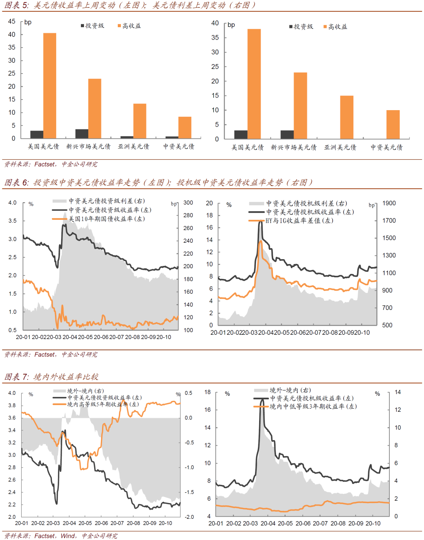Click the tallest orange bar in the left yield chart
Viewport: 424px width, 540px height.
pos(49,85)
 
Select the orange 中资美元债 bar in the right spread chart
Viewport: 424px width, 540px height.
pos(393,124)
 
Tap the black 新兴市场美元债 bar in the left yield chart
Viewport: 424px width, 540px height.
pos(82,134)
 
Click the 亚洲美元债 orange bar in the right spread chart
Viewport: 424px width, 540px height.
pos(347,117)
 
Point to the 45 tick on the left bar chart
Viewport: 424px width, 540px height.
pos(12,21)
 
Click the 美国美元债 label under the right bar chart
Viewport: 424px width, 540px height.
pos(247,147)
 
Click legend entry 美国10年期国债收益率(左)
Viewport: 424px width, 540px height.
pos(106,219)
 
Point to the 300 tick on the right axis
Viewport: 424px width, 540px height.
pos(188,203)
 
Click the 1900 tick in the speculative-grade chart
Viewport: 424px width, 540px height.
pos(389,203)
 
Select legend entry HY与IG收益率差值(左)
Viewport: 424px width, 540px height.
pos(299,221)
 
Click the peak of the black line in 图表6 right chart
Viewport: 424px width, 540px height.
pos(260,221)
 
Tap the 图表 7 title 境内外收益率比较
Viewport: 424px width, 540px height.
pos(66,377)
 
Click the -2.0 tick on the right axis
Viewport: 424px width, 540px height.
pos(190,517)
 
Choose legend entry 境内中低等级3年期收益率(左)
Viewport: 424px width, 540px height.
pos(313,406)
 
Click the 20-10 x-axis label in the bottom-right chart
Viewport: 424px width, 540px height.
pos(373,523)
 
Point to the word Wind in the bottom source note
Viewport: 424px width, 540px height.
pos(68,536)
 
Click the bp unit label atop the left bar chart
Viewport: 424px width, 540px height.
pos(27,22)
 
